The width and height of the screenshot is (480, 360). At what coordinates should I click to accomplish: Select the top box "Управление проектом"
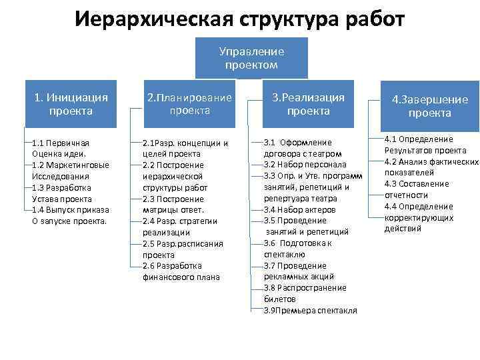pyautogui.click(x=251, y=58)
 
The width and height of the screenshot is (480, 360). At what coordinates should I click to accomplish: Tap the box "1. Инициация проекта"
pyautogui.click(x=71, y=104)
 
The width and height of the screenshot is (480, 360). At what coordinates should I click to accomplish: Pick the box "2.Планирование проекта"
pyautogui.click(x=189, y=104)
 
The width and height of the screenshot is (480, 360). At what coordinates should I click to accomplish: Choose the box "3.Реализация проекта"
pyautogui.click(x=308, y=104)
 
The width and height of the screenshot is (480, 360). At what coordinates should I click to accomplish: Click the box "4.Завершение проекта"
pyautogui.click(x=429, y=106)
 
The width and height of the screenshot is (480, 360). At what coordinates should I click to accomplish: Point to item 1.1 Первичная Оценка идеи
pyautogui.click(x=61, y=148)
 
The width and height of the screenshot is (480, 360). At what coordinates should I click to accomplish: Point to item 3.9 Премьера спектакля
pyautogui.click(x=310, y=311)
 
